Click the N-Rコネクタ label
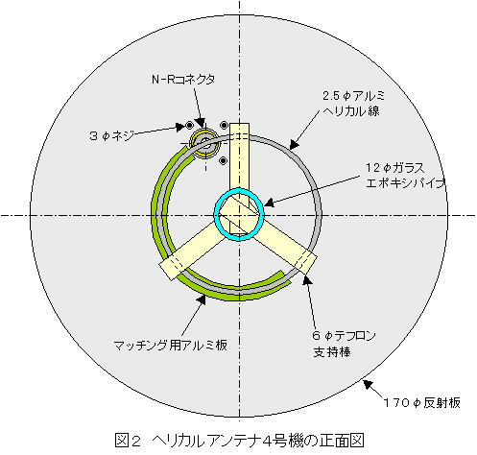tap(183, 80)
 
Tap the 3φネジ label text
tap(111, 136)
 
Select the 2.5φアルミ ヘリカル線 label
tap(353, 104)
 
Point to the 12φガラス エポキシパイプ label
tap(405, 176)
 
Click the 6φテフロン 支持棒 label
tap(344, 344)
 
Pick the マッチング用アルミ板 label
tap(170, 346)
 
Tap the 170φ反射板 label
tap(422, 403)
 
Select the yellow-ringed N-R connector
tap(204, 144)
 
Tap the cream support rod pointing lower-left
tap(189, 251)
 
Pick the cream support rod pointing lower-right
tap(288, 248)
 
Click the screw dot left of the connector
tap(189, 125)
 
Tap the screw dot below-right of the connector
tap(224, 161)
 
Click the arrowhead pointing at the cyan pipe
tap(269, 203)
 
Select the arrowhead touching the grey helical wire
tap(294, 145)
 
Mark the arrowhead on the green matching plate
tap(202, 299)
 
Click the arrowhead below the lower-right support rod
tap(307, 280)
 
